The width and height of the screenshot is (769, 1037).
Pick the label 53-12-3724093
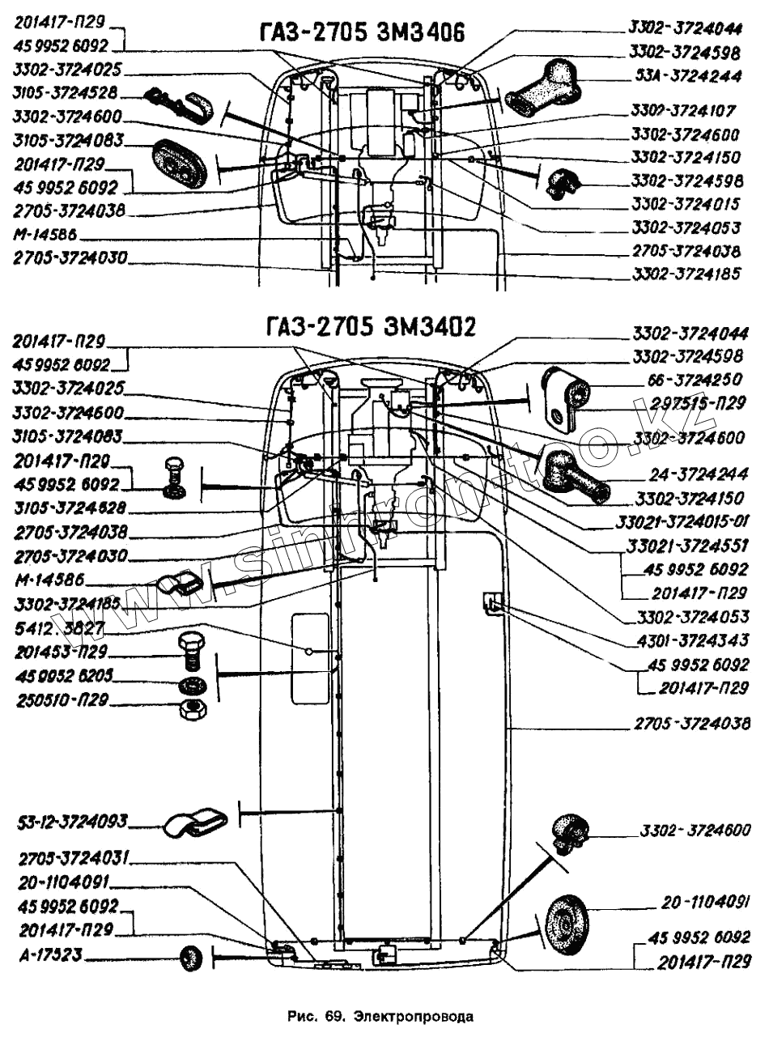pyautogui.click(x=73, y=822)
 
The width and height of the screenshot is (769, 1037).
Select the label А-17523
pyautogui.click(x=49, y=955)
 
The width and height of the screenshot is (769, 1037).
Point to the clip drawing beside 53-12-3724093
pyautogui.click(x=197, y=822)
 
